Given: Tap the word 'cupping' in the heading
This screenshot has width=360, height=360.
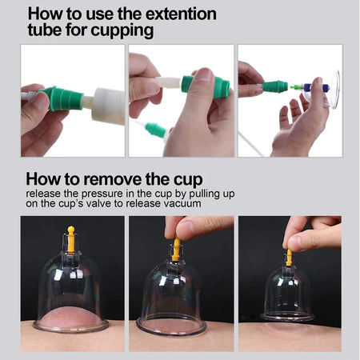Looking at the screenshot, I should coord(113,32).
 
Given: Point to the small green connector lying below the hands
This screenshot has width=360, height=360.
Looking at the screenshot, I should coord(156,129).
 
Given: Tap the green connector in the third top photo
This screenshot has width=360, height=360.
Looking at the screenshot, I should coord(276,86).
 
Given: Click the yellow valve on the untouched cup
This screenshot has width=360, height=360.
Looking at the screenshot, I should coord(70,238).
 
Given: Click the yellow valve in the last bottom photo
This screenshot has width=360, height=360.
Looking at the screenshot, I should coord(289,256).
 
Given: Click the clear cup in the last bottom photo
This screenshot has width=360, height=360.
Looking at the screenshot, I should coord(289,296).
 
